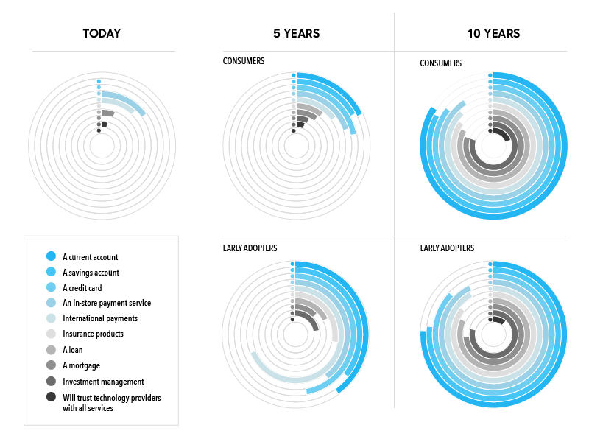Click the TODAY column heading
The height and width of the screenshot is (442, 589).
102,33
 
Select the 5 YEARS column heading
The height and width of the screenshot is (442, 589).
295,33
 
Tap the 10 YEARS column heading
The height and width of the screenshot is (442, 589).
493,33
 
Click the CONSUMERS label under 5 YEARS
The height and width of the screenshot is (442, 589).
244,61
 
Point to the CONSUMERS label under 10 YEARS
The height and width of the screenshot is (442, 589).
440,63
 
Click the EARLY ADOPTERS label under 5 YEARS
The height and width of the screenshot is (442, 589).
250,248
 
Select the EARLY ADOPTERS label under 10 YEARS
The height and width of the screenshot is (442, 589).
447,248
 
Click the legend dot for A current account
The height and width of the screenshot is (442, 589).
51,256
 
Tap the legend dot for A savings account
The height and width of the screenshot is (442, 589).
51,272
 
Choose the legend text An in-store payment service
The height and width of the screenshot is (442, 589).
107,303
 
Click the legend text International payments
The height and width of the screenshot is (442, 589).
100,318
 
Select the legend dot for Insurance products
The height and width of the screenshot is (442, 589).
51,334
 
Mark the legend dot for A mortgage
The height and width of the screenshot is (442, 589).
51,365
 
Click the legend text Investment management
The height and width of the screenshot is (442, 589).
103,382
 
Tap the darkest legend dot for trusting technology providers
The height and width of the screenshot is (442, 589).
51,397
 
